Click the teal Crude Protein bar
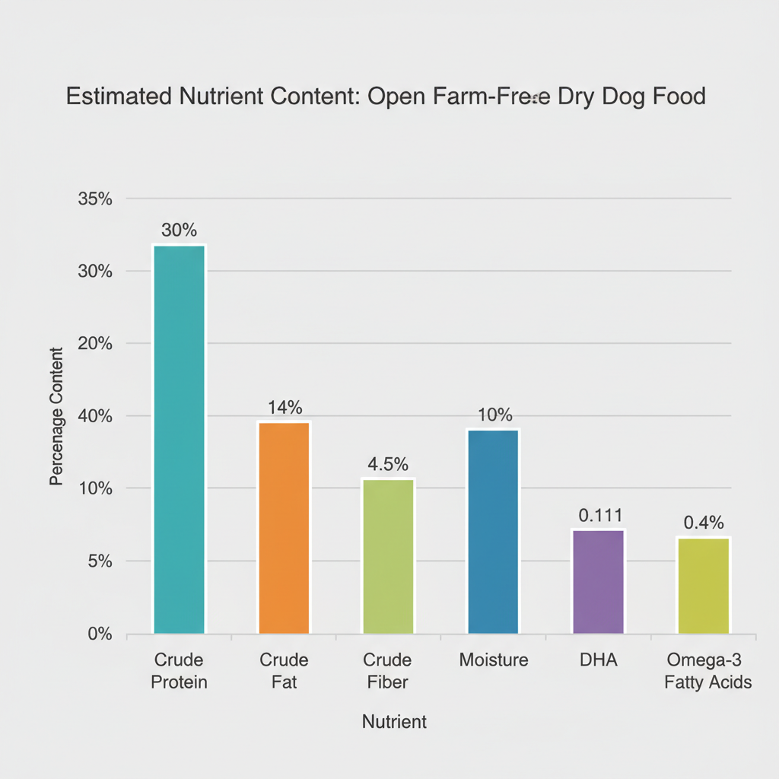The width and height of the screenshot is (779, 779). (x=179, y=439)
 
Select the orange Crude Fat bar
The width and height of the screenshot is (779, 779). (x=284, y=527)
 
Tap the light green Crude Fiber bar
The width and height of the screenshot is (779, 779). (x=388, y=555)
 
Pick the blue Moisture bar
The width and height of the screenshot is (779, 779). (x=493, y=531)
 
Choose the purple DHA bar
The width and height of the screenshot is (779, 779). (x=597, y=581)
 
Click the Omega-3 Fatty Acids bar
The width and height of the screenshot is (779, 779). (x=703, y=585)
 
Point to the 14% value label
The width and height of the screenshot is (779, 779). (x=285, y=407)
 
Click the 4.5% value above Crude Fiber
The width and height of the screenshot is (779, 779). (x=388, y=464)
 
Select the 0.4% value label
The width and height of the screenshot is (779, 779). (x=704, y=523)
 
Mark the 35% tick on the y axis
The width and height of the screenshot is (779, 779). (x=95, y=199)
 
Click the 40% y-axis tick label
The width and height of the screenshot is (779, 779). (x=95, y=416)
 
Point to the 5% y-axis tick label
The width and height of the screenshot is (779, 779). (x=100, y=561)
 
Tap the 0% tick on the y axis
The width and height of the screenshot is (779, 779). (x=100, y=634)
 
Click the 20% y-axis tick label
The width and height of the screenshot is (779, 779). (x=95, y=344)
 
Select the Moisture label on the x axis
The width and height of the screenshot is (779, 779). (x=493, y=660)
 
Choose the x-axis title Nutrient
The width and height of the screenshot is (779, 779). (x=394, y=722)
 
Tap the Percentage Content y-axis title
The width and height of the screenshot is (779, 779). (x=56, y=416)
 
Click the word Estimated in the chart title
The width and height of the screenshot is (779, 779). (x=119, y=97)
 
